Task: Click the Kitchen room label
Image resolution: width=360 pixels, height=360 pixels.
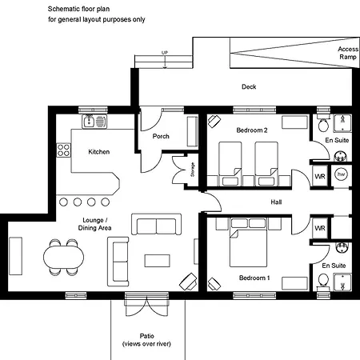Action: (x=99, y=152)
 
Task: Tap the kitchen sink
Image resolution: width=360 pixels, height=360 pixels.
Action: (x=94, y=122)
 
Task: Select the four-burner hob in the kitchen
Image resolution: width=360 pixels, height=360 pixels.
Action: (x=63, y=150)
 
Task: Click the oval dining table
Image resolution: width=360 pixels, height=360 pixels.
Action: (x=63, y=257)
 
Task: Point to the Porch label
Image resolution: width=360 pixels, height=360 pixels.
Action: (x=161, y=136)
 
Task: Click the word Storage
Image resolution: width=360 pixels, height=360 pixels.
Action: (x=192, y=170)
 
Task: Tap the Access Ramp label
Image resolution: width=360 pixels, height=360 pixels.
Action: (x=348, y=53)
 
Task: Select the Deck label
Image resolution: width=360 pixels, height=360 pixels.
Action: (x=249, y=86)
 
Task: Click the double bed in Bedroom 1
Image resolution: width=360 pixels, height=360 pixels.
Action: (x=249, y=242)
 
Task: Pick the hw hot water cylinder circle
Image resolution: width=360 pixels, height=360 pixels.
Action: (x=341, y=174)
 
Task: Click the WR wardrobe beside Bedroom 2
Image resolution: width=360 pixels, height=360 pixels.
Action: (x=320, y=176)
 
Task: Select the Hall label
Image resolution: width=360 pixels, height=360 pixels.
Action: (x=276, y=202)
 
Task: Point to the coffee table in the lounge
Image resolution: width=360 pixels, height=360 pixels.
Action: (x=158, y=261)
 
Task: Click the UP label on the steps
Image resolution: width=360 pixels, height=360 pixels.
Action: (x=165, y=53)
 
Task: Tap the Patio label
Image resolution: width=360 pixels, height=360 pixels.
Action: (x=146, y=336)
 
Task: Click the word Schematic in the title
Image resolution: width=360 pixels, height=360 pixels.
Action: (x=64, y=9)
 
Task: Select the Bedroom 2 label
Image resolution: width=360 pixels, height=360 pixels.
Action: (x=252, y=130)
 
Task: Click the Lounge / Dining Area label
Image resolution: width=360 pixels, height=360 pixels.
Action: (x=94, y=224)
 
